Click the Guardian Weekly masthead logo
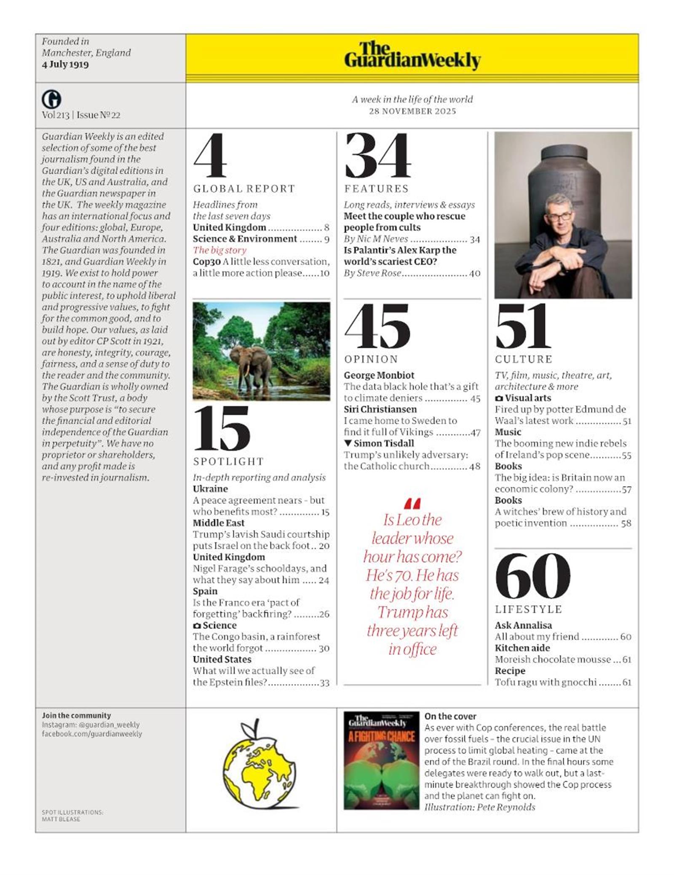click(412, 56)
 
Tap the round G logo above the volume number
click(51, 100)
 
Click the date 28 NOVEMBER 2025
click(412, 111)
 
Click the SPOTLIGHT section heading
click(228, 461)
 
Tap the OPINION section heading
click(371, 359)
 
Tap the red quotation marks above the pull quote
click(412, 503)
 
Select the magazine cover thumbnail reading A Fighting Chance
click(381, 760)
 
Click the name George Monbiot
click(379, 375)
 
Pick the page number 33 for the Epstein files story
click(324, 683)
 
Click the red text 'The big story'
click(219, 250)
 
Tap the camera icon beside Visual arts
click(499, 398)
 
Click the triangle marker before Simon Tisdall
click(348, 443)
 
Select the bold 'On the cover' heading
click(450, 716)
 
